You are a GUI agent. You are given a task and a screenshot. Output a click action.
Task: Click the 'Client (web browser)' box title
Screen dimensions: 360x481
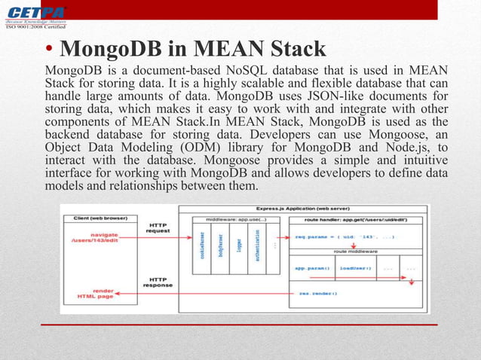click(x=100, y=218)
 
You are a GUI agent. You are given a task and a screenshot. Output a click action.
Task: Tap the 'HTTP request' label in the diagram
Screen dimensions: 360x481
click(x=158, y=227)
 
